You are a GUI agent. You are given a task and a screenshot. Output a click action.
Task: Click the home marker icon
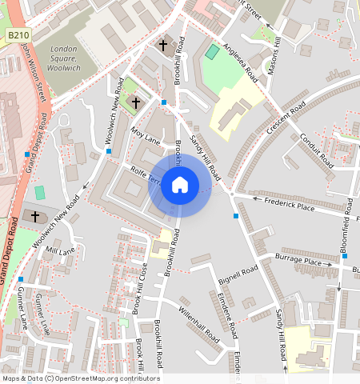tap(180, 186)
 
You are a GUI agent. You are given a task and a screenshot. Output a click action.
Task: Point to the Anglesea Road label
tap(241, 62)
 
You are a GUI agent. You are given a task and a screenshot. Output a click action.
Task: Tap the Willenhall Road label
tap(198, 326)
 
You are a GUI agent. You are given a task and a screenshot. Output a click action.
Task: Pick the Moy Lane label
tap(146, 134)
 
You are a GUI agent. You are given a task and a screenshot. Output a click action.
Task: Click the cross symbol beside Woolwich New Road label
tap(136, 103)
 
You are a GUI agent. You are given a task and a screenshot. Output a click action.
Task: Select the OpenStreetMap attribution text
tap(80, 378)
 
